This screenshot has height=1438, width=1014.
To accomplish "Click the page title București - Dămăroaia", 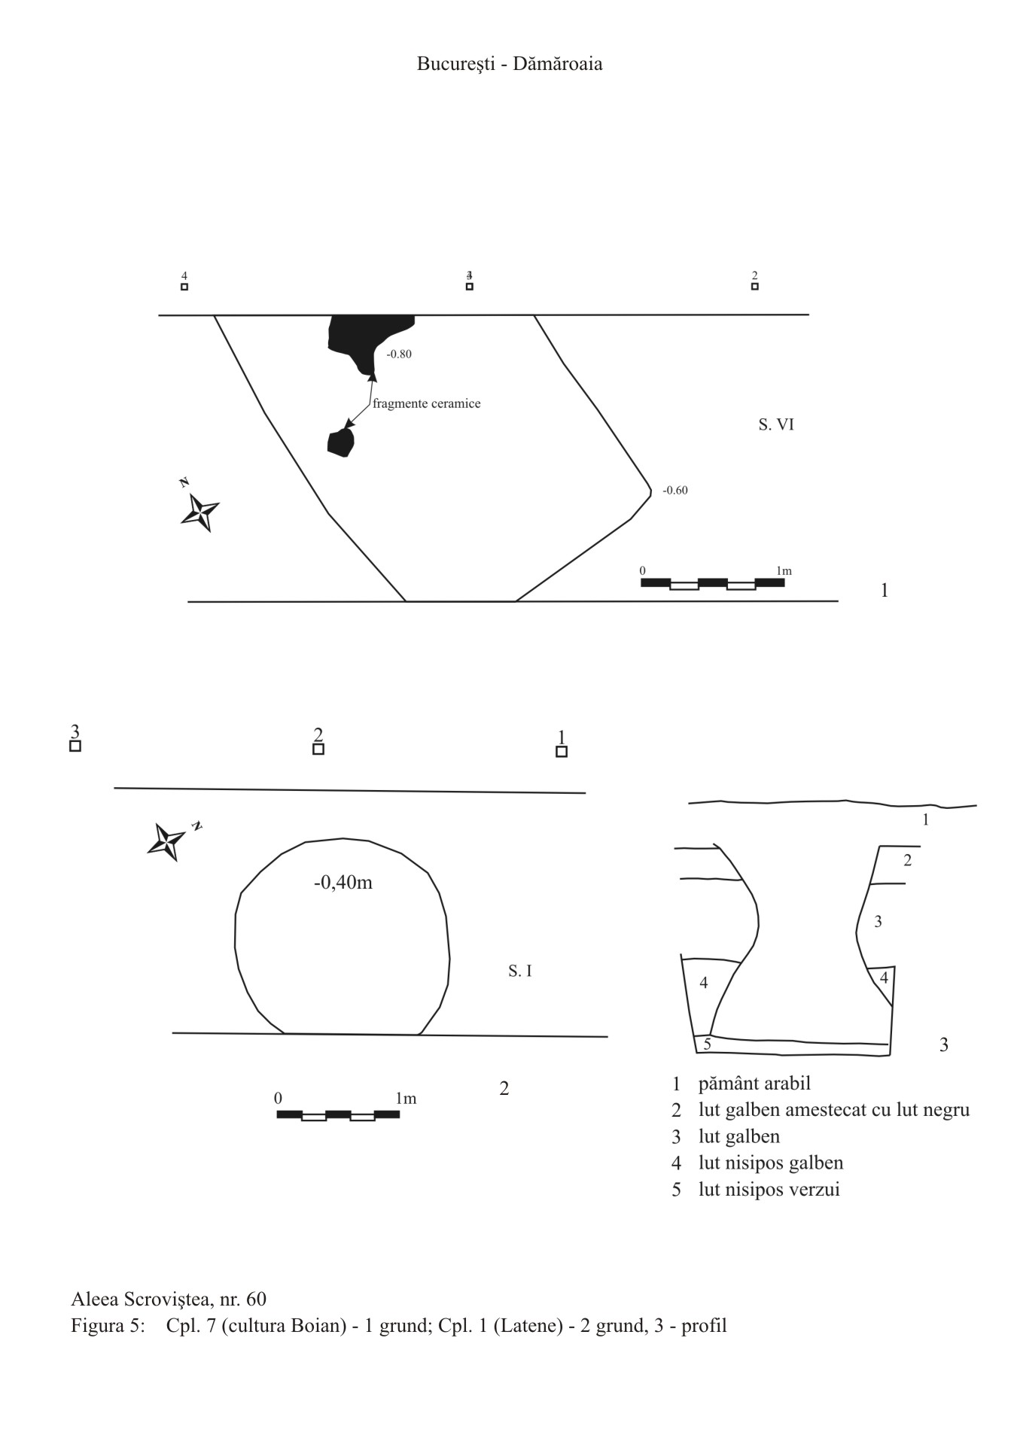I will coord(510,64).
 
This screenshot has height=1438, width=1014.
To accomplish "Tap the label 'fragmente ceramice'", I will coord(426,404).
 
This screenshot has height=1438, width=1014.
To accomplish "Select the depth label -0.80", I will coord(399,354).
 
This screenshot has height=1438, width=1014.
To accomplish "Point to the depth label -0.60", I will coord(674,491).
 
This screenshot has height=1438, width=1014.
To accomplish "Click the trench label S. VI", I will coord(775,425).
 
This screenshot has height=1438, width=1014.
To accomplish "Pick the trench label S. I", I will coord(519,971).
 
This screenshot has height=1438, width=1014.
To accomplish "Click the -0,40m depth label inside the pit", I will coord(343,883).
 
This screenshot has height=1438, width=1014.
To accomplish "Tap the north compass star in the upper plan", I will coord(200,512).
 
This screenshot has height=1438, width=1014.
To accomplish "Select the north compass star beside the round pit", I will coord(167,841).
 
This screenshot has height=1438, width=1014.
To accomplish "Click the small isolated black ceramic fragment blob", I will coord(340,443).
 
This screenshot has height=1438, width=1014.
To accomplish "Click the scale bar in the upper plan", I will coord(712,582).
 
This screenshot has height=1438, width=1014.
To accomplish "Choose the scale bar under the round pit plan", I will coord(338,1114).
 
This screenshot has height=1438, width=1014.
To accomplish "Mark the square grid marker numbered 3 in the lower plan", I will coord(75,746).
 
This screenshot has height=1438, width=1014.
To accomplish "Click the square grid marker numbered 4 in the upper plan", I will coord(184,286).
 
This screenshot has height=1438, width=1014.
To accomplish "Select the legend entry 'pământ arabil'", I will coord(754,1084).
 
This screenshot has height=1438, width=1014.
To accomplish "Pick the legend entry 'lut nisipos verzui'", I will coord(769,1189).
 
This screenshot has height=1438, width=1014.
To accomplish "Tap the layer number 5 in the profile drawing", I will coord(707,1044).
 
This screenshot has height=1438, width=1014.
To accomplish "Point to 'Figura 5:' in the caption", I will coord(108,1325).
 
